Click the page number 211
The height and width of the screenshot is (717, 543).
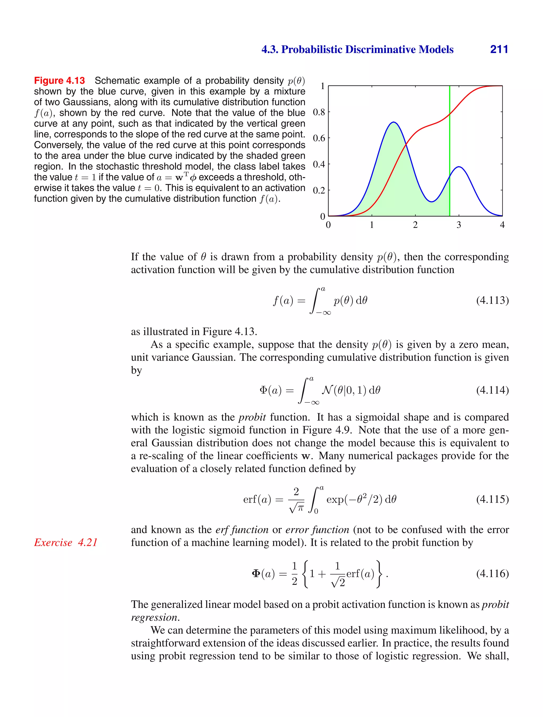pyautogui.click(x=499, y=49)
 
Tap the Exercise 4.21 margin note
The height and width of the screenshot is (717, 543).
pyautogui.click(x=66, y=542)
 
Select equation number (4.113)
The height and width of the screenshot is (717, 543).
pyautogui.click(x=492, y=300)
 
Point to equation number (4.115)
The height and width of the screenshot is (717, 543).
pyautogui.click(x=492, y=499)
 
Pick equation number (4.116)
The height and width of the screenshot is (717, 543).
pyautogui.click(x=492, y=573)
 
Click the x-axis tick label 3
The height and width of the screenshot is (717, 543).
pyautogui.click(x=459, y=225)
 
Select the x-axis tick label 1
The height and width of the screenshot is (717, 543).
pyautogui.click(x=372, y=225)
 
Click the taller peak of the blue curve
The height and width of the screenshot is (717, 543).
pyautogui.click(x=393, y=122)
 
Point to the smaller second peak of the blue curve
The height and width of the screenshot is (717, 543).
pyautogui.click(x=459, y=167)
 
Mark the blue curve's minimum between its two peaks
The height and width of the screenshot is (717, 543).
pyautogui.click(x=432, y=202)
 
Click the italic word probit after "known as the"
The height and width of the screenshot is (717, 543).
pyautogui.click(x=252, y=417)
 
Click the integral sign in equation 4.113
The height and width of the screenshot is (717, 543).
pyautogui.click(x=314, y=301)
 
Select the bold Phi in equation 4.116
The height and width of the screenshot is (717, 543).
pyautogui.click(x=256, y=573)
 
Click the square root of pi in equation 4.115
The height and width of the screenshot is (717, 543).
pyautogui.click(x=297, y=507)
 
